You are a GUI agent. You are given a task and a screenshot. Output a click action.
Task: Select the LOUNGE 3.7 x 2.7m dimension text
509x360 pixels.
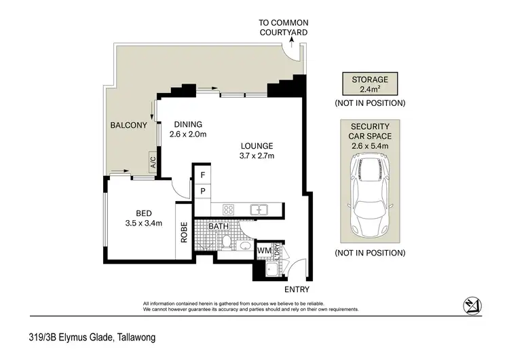[255, 156]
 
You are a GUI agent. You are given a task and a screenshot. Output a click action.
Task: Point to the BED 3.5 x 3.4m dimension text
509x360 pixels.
[144, 222]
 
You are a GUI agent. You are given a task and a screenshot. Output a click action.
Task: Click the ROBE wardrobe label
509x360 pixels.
[183, 233]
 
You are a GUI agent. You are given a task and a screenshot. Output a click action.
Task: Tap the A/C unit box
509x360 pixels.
[153, 161]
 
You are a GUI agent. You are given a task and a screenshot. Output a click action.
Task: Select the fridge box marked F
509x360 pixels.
[202, 175]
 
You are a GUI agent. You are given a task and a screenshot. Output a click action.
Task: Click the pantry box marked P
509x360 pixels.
[202, 192]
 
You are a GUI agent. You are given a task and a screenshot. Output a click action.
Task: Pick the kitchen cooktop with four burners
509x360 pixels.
[229, 209]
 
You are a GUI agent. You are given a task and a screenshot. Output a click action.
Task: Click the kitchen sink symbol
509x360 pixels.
[259, 210]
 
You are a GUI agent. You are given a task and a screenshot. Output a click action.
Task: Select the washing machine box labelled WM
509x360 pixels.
[264, 251]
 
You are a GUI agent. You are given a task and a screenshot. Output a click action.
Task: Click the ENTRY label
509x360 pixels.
[297, 289]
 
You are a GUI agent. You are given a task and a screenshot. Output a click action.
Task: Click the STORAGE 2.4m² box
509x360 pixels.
[369, 84]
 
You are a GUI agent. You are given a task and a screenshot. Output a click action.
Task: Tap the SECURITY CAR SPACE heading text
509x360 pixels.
[369, 131]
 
